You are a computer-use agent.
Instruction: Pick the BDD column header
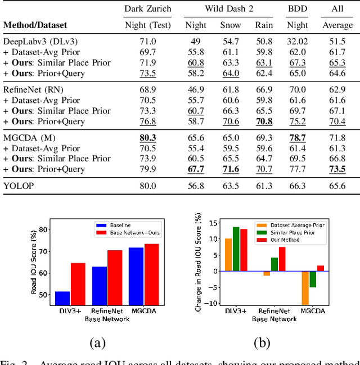[297, 9]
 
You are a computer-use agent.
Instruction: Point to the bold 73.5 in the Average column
[336, 169]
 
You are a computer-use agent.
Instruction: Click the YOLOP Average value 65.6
[336, 186]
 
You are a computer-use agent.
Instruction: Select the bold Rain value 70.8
[264, 121]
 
